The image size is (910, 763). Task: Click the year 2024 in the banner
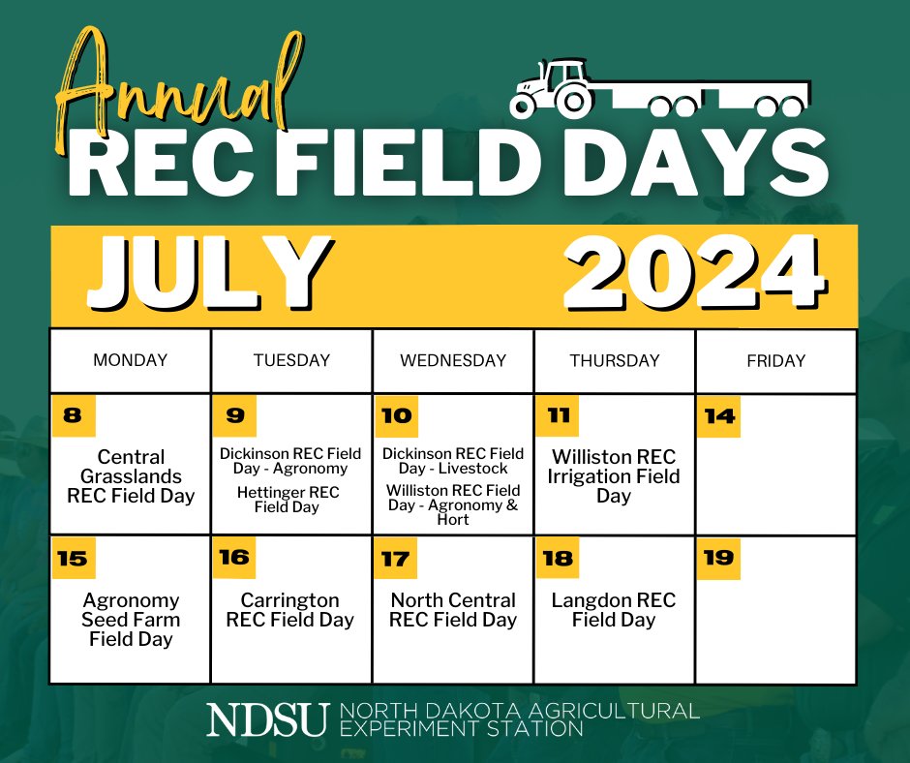click(693, 273)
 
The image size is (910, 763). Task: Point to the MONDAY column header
click(130, 360)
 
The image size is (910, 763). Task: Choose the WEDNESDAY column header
click(453, 360)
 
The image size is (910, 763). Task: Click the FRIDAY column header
click(775, 360)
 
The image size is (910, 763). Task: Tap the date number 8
click(72, 416)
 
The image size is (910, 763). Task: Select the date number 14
click(719, 416)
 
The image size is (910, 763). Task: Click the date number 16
click(234, 558)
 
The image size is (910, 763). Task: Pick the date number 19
click(719, 558)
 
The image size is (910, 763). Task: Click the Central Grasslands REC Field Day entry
click(131, 476)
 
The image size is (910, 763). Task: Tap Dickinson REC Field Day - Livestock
click(453, 461)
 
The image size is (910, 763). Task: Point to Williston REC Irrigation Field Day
click(614, 476)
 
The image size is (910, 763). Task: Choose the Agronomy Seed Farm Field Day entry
click(131, 620)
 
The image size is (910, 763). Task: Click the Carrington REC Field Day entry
click(290, 610)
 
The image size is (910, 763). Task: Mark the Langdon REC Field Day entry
click(614, 610)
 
